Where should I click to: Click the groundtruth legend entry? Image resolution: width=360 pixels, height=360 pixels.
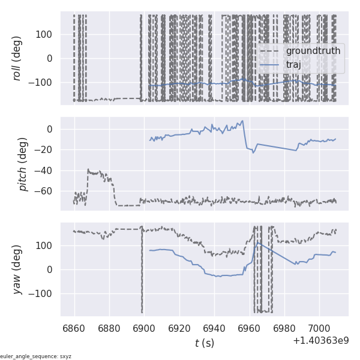(x=313, y=51)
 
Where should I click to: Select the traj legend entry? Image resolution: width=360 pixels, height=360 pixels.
(x=293, y=64)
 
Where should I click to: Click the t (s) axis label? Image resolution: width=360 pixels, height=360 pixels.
(x=204, y=343)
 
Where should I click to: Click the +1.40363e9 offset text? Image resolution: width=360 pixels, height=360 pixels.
(x=320, y=341)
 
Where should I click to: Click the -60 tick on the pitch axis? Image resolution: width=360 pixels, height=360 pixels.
(x=46, y=191)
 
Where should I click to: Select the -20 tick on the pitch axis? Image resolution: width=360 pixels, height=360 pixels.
(x=46, y=150)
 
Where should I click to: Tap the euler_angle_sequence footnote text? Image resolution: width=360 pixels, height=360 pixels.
(x=36, y=356)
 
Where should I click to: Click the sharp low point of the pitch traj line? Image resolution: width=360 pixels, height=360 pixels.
(x=253, y=153)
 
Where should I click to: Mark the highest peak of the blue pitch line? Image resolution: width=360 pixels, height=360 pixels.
(x=242, y=121)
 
